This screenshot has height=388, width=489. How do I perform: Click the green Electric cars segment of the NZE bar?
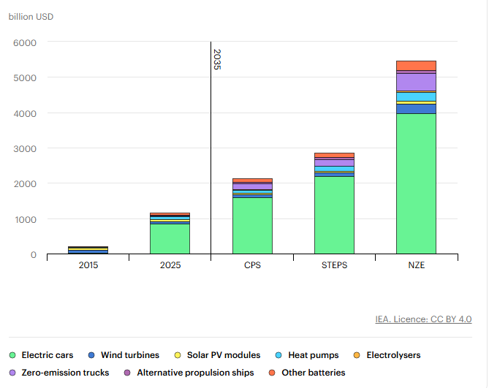click(416, 183)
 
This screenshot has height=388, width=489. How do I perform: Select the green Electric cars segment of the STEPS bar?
click(334, 215)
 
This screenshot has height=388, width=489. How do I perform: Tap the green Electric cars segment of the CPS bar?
click(252, 226)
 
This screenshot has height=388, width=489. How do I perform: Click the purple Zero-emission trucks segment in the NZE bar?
click(416, 82)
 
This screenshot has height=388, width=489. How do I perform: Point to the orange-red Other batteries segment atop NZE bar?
click(416, 66)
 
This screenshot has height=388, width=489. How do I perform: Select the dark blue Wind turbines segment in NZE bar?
click(416, 109)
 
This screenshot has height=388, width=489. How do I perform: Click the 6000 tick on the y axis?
click(25, 42)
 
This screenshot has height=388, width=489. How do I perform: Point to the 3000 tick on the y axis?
click(25, 148)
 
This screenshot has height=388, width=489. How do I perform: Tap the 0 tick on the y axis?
click(33, 255)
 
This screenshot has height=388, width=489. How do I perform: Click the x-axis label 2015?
click(88, 265)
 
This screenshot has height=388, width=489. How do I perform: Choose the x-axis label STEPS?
click(334, 265)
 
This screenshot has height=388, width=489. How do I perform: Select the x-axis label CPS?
click(252, 265)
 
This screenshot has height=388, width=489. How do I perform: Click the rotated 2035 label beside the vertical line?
click(217, 59)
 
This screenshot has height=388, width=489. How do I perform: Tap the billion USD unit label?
click(31, 16)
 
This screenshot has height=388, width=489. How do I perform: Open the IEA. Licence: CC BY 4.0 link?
click(423, 319)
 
